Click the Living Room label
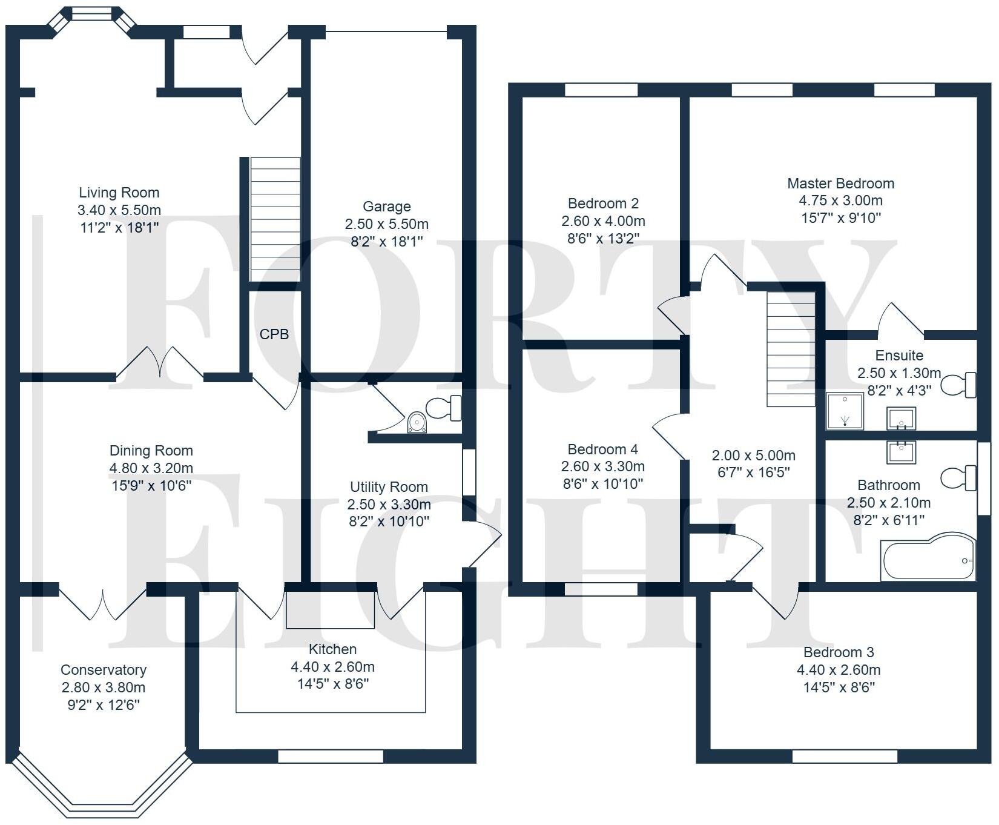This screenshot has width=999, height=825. tap(119, 193)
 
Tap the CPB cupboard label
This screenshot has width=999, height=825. tap(274, 334)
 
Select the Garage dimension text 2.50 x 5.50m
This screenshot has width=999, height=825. tap(387, 224)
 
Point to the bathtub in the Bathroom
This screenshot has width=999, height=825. tap(928, 557)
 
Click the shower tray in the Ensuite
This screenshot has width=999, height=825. tap(845, 411)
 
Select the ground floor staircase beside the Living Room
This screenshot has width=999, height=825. tap(275, 219)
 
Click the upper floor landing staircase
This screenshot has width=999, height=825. tap(791, 349)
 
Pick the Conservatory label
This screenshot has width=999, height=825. tap(104, 670)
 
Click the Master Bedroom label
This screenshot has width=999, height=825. tap(840, 183)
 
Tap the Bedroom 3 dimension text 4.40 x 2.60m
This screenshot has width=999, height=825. tap(839, 670)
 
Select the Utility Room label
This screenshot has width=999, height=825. tap(389, 487)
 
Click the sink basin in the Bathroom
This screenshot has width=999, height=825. tap(902, 452)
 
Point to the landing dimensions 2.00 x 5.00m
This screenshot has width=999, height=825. tap(754, 456)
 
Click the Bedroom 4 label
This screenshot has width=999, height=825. tap(602, 449)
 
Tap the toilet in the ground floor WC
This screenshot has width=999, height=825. tap(444, 408)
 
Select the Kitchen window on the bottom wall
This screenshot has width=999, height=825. tap(331, 756)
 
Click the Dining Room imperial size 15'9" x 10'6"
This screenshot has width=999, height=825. tap(151, 485)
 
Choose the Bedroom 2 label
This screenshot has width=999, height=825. tap(603, 204)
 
